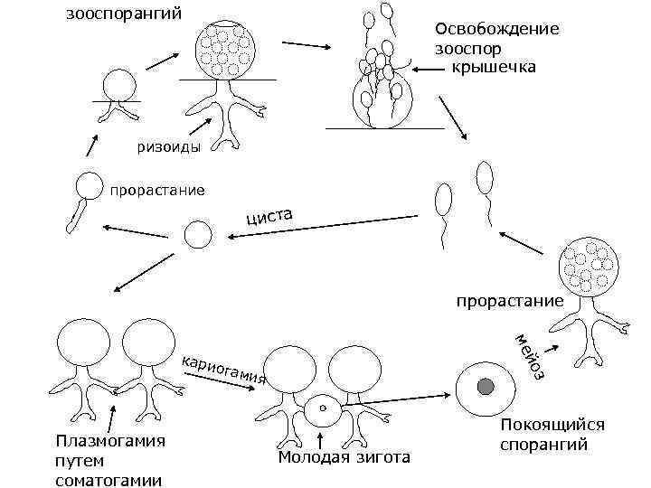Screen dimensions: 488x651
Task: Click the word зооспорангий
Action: pos(124,14)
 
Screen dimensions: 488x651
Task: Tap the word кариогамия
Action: pos(223,366)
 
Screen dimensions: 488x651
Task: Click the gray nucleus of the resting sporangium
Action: pos(486,388)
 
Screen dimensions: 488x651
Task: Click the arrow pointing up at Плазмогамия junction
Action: pos(110,418)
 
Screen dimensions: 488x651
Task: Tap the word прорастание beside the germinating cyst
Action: pos(156,191)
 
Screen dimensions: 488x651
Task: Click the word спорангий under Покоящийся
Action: pos(543,445)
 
